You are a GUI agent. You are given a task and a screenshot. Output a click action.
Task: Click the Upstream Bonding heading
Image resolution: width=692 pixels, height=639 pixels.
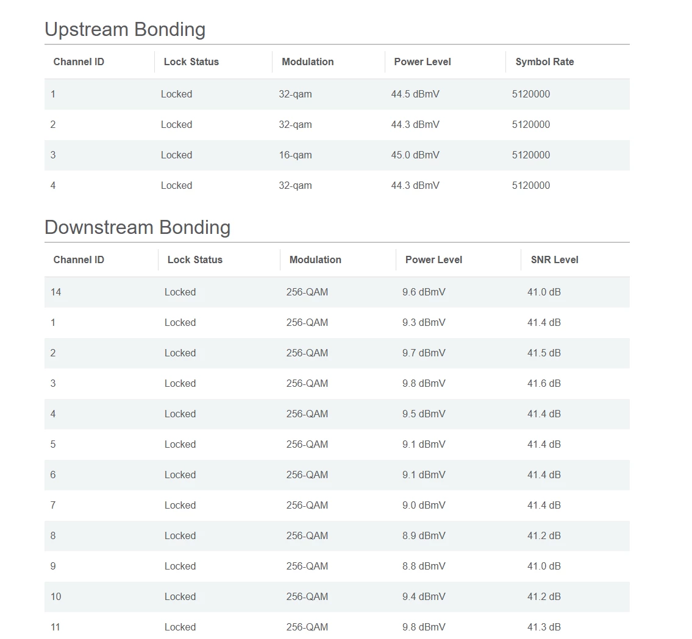[x=125, y=29]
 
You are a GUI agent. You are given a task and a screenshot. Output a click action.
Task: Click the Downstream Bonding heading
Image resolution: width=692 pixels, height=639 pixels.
[x=137, y=227]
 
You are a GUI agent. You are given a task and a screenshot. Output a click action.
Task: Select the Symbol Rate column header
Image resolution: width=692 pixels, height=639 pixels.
[x=544, y=62]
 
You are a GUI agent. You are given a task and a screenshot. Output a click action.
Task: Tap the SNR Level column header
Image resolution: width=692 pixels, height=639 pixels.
[x=554, y=259]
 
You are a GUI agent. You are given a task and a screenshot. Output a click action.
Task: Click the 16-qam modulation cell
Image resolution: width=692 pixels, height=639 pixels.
[x=295, y=155]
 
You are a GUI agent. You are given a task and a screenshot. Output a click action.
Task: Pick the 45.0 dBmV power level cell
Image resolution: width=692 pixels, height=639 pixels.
[x=415, y=155]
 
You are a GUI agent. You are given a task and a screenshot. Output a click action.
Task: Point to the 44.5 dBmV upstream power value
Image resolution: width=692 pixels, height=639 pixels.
[x=415, y=94]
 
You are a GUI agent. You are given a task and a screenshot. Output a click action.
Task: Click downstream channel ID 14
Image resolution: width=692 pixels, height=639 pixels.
[x=55, y=292]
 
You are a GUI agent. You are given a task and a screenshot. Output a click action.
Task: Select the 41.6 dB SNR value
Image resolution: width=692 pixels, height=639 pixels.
[x=544, y=383]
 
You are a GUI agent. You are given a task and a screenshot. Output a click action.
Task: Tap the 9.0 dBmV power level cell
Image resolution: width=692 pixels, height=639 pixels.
[x=424, y=505]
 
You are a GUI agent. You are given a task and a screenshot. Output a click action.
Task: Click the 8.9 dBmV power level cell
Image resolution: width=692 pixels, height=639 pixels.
[x=424, y=535]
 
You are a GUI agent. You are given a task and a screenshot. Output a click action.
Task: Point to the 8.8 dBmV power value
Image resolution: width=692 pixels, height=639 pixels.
[x=424, y=566]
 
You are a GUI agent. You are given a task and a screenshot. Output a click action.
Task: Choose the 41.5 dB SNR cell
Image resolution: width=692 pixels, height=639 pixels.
[x=544, y=353]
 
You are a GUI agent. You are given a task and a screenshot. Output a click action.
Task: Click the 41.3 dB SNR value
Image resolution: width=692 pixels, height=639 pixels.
[x=544, y=627]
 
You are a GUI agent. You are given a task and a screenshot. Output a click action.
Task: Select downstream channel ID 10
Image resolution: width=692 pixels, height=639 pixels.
[x=55, y=596]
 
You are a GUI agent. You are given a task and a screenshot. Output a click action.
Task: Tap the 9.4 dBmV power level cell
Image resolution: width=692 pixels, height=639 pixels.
[x=424, y=596]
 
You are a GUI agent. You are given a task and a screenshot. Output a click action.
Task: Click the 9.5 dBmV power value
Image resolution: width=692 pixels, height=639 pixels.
[x=424, y=414]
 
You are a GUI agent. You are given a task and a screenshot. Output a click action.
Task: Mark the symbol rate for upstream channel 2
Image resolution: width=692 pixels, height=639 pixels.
[x=530, y=124]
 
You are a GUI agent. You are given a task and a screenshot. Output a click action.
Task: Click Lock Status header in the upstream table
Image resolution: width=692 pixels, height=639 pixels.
[x=191, y=62]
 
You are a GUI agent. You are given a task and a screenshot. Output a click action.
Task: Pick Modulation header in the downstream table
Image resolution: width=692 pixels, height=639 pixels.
[x=315, y=259]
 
